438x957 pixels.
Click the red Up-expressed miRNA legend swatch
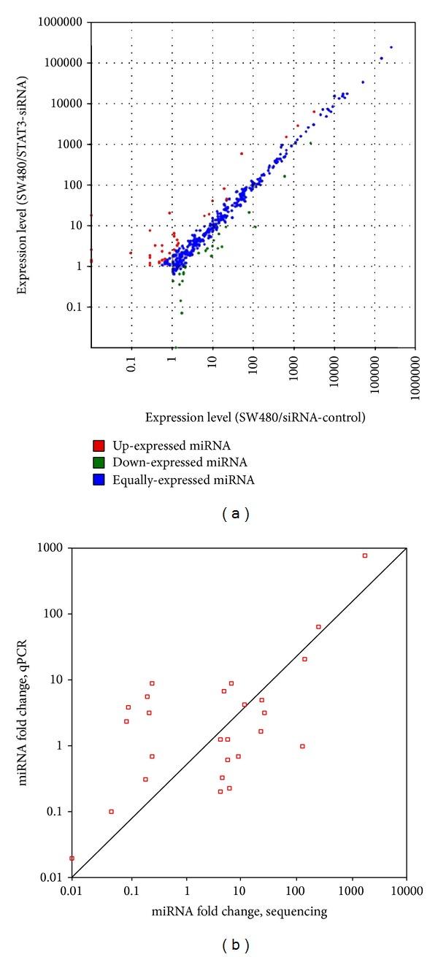click(x=97, y=445)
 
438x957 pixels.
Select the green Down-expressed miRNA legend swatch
click(x=97, y=461)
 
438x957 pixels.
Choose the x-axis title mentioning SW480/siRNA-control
click(x=255, y=418)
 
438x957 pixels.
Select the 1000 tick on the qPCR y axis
click(x=53, y=547)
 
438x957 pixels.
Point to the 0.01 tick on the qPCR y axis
click(x=53, y=877)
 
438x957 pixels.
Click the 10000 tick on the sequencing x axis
click(x=406, y=893)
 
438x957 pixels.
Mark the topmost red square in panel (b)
click(x=364, y=556)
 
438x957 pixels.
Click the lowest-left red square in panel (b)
click(x=72, y=858)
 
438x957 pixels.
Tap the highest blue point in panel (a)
click(x=391, y=47)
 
